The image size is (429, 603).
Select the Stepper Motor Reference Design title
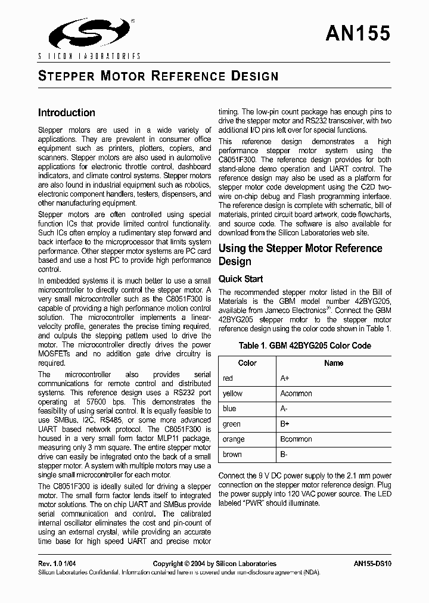[x=158, y=76]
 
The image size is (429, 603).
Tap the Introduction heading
[x=66, y=113]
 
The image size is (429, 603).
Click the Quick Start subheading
[x=241, y=279]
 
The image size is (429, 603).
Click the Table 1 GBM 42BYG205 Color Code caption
[x=304, y=346]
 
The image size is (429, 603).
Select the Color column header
[x=247, y=363]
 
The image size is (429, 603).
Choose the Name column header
[x=334, y=363]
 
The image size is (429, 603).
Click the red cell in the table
[x=228, y=378]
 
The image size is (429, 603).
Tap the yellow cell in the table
[x=232, y=393]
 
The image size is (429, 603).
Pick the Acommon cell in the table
[x=296, y=393]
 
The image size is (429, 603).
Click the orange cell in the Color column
[x=234, y=439]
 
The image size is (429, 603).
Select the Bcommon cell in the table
[x=296, y=439]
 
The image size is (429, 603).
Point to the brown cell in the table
[x=232, y=454]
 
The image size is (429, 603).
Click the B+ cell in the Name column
[x=285, y=424]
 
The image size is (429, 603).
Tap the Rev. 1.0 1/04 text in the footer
[x=58, y=564]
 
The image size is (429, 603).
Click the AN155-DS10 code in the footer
[x=372, y=564]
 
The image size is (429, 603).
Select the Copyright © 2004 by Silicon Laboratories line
[x=214, y=564]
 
